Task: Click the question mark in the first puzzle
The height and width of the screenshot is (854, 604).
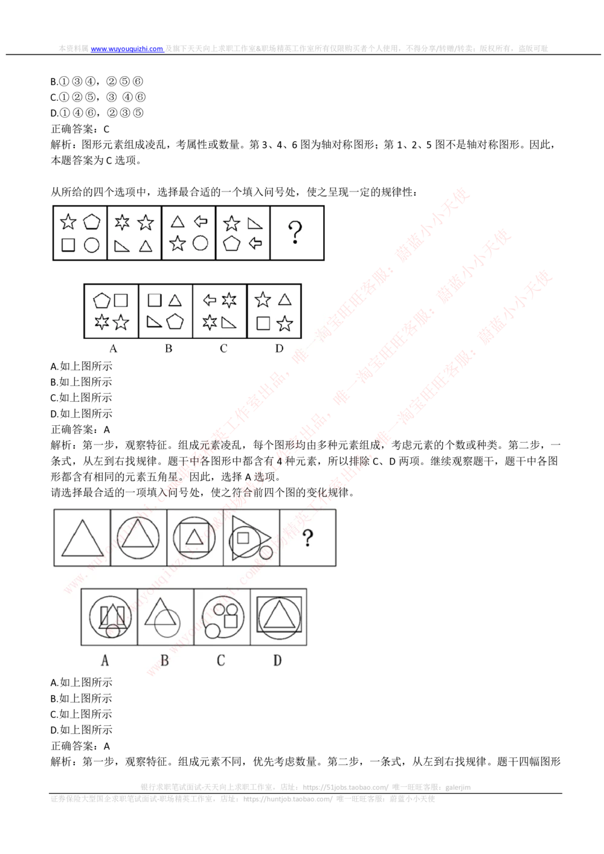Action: pos(295,232)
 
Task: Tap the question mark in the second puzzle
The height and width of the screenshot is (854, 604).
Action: pos(308,538)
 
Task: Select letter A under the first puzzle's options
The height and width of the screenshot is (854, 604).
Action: pos(113,348)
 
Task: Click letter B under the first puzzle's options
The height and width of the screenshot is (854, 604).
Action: pos(169,348)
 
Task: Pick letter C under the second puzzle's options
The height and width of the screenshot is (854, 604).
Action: pos(220,660)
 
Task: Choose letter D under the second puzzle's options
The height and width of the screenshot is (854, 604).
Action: pos(277,660)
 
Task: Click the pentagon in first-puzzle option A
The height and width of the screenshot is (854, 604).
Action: pos(101,300)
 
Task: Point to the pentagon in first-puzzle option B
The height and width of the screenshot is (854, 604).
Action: pos(175,321)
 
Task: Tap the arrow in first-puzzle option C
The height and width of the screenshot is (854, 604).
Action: pos(210,300)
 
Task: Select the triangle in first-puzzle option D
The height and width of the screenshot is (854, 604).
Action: pos(284,300)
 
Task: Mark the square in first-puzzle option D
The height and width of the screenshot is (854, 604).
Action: pos(263,323)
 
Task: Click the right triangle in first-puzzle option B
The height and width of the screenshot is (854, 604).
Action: pos(155,322)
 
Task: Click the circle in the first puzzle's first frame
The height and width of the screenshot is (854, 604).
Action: pos(91,245)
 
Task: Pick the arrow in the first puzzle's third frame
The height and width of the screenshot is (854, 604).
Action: pos(201,222)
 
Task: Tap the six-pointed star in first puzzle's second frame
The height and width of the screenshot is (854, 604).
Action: pos(122,222)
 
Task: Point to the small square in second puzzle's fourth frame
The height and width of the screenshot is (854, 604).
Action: pos(243,536)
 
